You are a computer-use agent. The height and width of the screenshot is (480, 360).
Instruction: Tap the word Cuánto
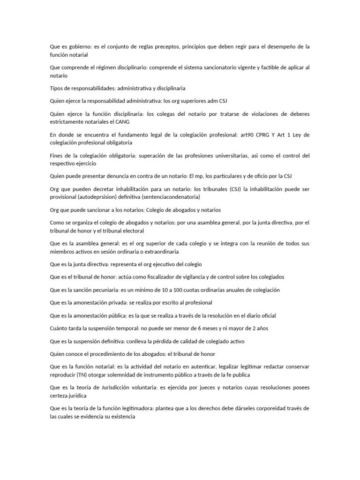pos(60,328)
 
